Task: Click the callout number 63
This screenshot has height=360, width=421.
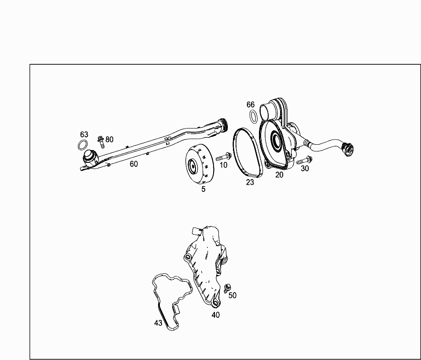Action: point(84,134)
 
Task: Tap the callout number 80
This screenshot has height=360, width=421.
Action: point(109,140)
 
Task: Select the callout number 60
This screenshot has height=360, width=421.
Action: point(134,164)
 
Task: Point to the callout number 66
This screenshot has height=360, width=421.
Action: point(251,105)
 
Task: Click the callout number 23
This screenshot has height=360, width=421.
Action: point(250,182)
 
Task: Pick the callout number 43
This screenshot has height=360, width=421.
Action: point(158,323)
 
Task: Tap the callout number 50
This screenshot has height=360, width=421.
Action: point(233,295)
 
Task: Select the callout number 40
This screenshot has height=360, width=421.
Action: point(216,315)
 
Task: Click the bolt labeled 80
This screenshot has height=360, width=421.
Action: point(101,142)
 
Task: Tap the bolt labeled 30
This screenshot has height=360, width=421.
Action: point(304,160)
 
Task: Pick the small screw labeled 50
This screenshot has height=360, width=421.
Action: point(227,288)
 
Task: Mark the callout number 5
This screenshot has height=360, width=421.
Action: point(203,189)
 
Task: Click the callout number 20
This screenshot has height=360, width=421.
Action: point(279,175)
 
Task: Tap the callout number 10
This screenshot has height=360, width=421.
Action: point(223,165)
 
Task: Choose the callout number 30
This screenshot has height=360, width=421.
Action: point(305,169)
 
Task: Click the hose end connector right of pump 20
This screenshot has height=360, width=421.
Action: point(348,149)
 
